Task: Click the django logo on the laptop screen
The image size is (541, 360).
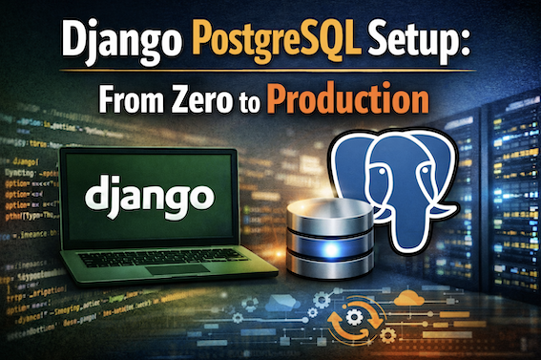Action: tap(148, 197)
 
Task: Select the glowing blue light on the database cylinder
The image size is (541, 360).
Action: tap(325, 250)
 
